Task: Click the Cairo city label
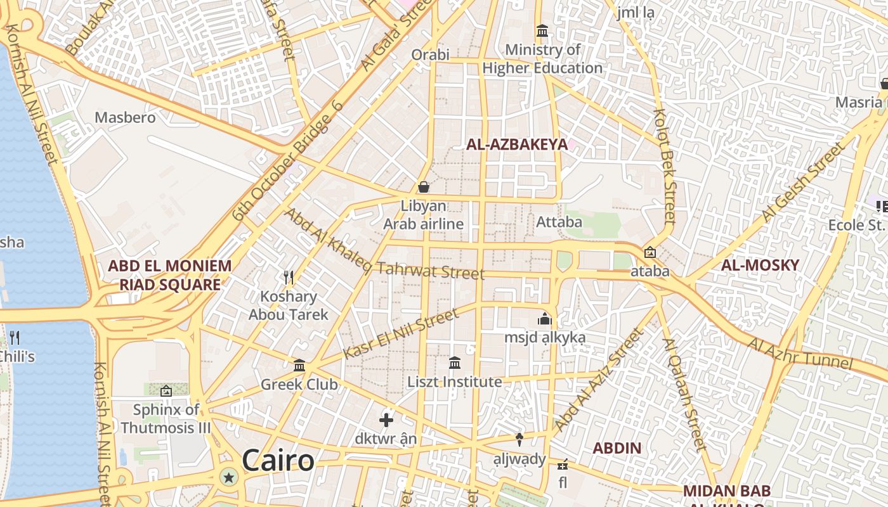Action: pos(278,461)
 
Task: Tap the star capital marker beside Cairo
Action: pos(229,477)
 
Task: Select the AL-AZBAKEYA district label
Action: pos(517,144)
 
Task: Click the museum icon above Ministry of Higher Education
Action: pos(542,30)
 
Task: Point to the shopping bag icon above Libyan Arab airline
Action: pos(423,187)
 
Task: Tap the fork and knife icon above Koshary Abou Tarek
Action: pos(289,277)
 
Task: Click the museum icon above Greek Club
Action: pos(299,366)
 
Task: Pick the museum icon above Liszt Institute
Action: pos(455,363)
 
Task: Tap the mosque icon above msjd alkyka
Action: pos(544,319)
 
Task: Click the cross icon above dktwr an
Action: pos(386,420)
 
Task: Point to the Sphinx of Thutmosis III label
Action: pos(166,419)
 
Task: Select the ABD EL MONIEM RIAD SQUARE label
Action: pos(170,275)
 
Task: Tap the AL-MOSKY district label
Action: pos(760,265)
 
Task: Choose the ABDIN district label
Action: pos(617,448)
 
